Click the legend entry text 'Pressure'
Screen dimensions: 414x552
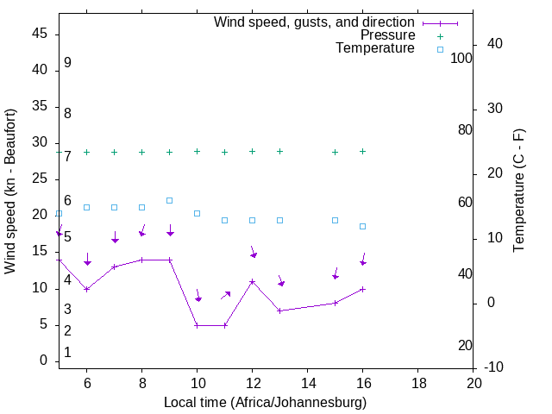387,35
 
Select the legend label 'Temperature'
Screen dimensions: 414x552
375,48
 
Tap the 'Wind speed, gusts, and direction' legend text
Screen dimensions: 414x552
314,22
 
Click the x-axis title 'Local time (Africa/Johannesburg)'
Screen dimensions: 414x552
266,403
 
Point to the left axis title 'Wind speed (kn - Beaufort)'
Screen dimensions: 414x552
10,191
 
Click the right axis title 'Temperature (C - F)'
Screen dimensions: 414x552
518,191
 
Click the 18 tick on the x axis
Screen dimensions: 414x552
418,383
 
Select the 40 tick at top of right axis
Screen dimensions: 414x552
495,44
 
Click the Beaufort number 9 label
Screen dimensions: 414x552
67,63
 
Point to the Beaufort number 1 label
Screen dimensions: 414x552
67,353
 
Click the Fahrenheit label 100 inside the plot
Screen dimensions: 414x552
462,58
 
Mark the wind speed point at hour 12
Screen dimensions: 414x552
253,281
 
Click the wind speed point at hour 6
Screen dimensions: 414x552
87,289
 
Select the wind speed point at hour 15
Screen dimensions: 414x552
336,303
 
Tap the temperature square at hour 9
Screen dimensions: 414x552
170,200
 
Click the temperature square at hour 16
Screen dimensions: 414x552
363,226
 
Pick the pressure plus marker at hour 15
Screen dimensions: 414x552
336,152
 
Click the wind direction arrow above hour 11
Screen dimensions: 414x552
225,295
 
